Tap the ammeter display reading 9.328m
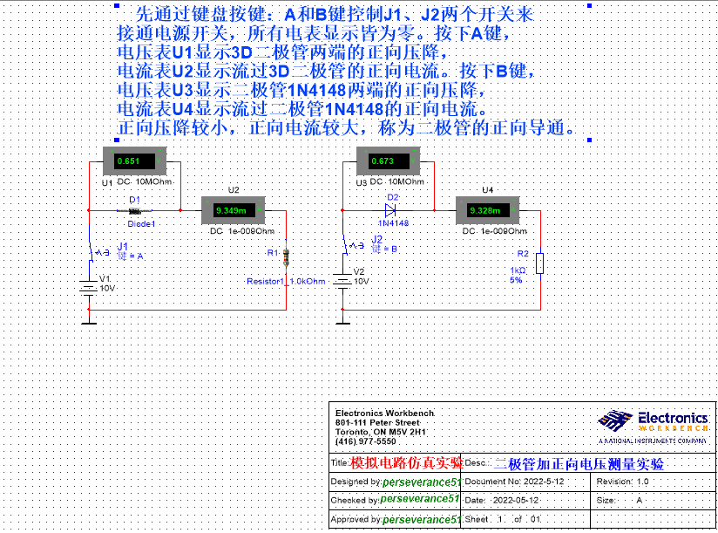pos(485,210)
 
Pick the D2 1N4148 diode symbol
pos(390,210)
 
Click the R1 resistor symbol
pos(287,258)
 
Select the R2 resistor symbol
pos(540,263)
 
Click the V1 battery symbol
pos(89,287)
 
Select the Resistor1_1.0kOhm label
pos(285,282)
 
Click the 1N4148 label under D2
pos(393,223)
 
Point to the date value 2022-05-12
pos(516,501)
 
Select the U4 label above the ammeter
pos(487,190)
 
